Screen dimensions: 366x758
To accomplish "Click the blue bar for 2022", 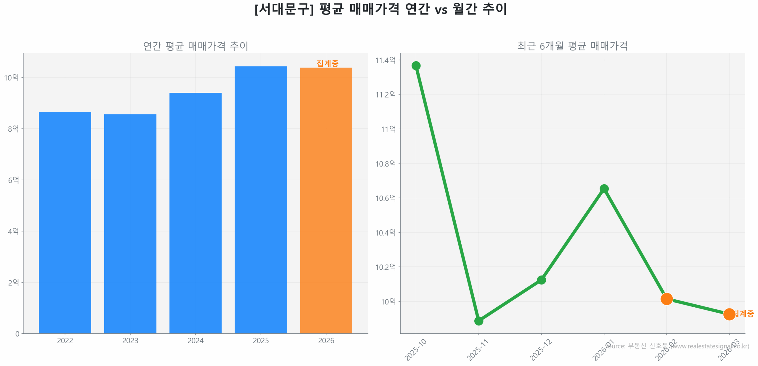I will click(x=65, y=222).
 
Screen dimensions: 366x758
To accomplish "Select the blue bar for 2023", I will click(x=130, y=223).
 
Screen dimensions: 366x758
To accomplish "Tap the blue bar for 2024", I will click(x=195, y=213).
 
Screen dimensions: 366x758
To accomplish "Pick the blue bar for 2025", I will click(x=261, y=199).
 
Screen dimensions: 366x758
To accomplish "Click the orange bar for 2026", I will click(x=326, y=200).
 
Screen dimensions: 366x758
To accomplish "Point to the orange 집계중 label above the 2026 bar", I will click(x=327, y=63).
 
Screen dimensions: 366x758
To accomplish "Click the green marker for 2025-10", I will click(x=416, y=65).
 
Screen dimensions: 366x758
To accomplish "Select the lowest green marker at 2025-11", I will click(x=478, y=321).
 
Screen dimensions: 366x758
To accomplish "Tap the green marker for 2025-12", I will click(x=541, y=280).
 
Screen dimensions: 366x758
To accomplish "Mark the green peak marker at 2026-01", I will click(x=604, y=189).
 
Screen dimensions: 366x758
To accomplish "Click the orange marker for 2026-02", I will click(x=666, y=299).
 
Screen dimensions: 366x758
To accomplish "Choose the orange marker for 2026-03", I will click(x=729, y=314).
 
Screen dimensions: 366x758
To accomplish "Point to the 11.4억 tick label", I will click(x=385, y=60).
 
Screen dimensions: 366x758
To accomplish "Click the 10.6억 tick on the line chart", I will click(x=385, y=198).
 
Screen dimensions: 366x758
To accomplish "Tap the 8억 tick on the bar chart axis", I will click(x=13, y=129).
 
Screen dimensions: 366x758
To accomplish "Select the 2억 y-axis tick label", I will click(x=13, y=282).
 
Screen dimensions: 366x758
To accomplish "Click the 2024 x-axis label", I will click(x=195, y=341).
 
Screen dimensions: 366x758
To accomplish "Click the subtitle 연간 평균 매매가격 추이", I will click(x=195, y=46).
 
